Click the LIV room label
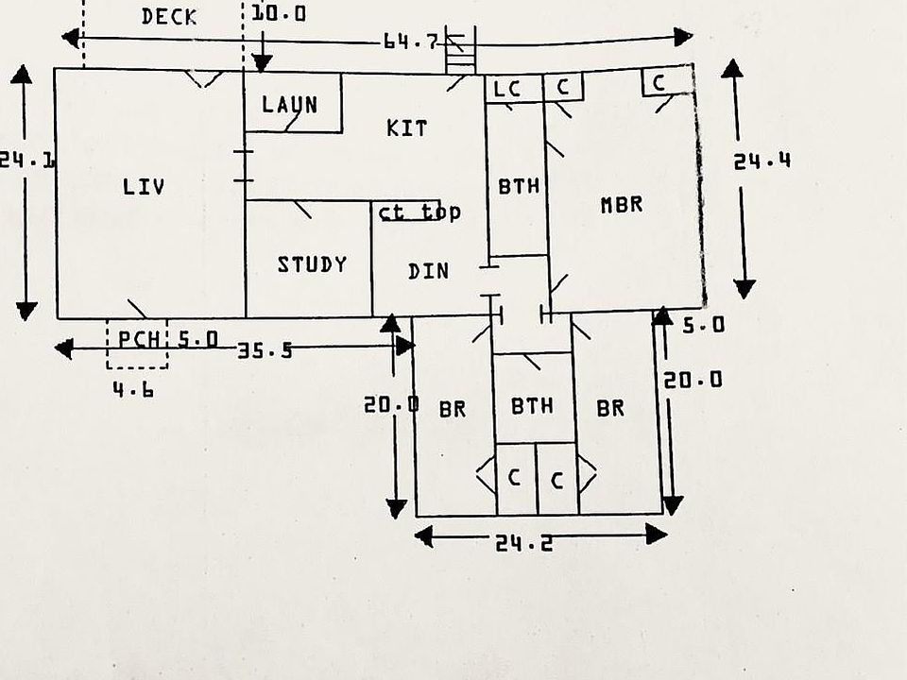click(x=144, y=186)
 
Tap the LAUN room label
click(x=290, y=105)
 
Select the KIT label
click(x=406, y=127)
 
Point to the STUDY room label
click(x=312, y=264)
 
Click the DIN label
click(x=428, y=271)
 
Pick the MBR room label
click(x=622, y=204)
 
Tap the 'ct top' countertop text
click(x=419, y=212)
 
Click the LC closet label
click(x=507, y=89)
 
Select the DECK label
click(x=169, y=16)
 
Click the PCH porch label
click(x=139, y=339)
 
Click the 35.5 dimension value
click(x=265, y=349)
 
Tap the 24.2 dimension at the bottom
click(x=524, y=542)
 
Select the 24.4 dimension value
click(x=762, y=161)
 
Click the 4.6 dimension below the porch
click(x=133, y=390)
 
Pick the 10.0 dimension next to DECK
click(x=279, y=12)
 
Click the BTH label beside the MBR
click(x=519, y=186)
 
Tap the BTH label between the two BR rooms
click(x=532, y=405)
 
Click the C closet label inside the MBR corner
click(x=659, y=83)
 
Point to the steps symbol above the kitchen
click(x=461, y=50)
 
